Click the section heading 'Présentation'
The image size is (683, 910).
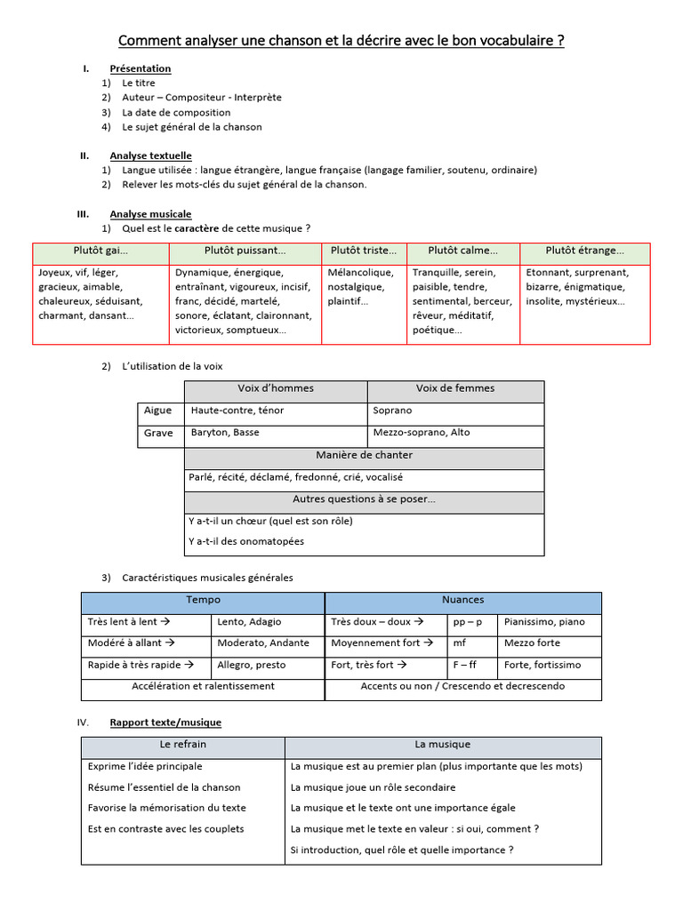click(140, 68)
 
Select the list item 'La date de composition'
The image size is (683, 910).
click(176, 113)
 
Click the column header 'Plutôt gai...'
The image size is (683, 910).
click(100, 251)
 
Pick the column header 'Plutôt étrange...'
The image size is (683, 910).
click(584, 251)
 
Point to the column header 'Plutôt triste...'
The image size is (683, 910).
click(364, 251)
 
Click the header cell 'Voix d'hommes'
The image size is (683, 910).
click(276, 389)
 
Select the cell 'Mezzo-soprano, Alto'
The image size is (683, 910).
click(422, 433)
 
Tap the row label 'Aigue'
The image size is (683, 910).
click(157, 411)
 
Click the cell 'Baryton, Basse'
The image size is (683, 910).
click(225, 433)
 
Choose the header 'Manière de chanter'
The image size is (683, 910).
click(364, 456)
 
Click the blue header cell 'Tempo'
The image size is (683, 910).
click(203, 601)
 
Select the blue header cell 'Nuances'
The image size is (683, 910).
click(462, 601)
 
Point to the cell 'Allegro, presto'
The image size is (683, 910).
click(252, 665)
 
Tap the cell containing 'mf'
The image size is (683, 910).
click(460, 643)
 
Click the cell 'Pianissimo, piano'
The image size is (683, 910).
click(544, 622)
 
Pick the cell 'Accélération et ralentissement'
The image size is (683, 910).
click(203, 687)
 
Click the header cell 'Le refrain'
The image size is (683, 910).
click(182, 745)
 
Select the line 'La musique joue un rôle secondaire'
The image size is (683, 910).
click(373, 787)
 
